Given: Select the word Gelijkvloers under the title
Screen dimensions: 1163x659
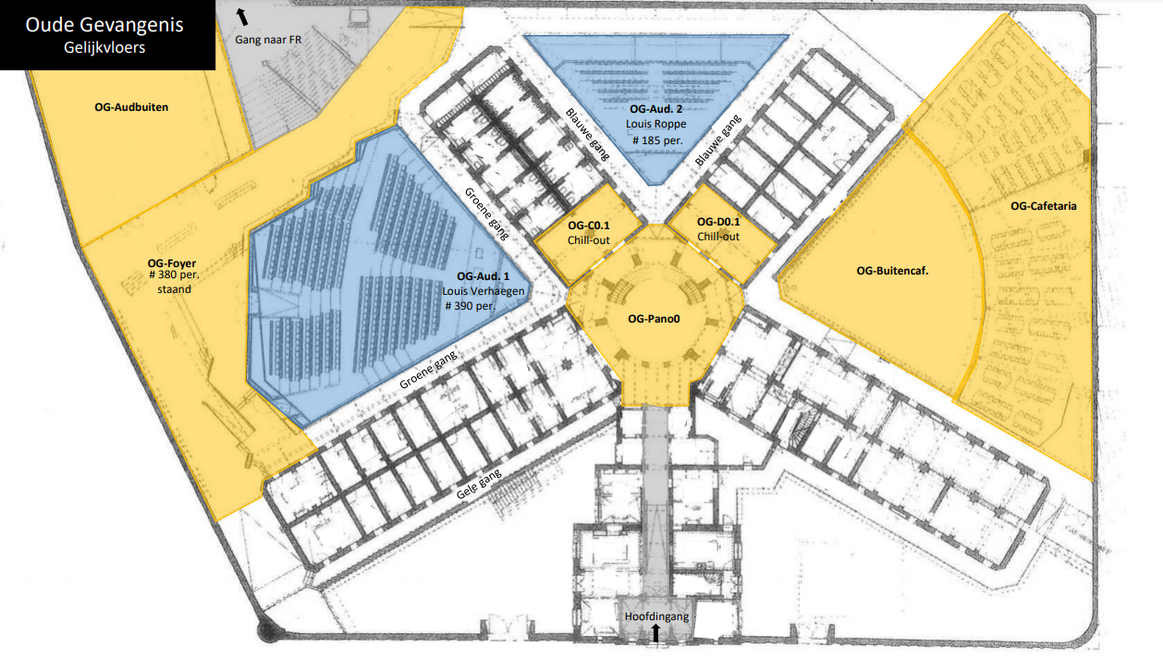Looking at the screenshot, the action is [x=104, y=48].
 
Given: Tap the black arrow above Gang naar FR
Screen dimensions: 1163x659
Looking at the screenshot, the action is [x=242, y=17].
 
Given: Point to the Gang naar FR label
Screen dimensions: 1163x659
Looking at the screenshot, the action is [x=268, y=40].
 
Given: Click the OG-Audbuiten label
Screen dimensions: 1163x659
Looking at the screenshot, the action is [x=131, y=107].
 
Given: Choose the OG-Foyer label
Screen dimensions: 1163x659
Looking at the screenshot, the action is [x=172, y=263].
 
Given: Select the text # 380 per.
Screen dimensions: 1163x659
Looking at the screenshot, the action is [x=175, y=275].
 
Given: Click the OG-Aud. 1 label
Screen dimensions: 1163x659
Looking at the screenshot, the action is [x=484, y=276].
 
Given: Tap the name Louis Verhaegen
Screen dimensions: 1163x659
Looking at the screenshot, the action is [x=484, y=291].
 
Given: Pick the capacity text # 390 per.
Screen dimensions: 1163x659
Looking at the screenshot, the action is [x=471, y=306].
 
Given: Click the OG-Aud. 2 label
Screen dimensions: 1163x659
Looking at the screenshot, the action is [x=656, y=109].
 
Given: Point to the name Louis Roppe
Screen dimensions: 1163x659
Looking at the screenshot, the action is [x=656, y=124].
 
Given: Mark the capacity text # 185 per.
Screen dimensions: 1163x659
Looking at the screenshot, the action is [x=657, y=140].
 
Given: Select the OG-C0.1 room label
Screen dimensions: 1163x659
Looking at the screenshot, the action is [x=589, y=226].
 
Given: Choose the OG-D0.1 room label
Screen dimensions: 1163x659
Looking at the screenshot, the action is [x=718, y=222].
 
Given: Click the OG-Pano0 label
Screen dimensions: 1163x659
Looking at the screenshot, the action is [x=655, y=319].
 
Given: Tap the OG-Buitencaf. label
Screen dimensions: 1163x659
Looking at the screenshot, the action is [x=892, y=271].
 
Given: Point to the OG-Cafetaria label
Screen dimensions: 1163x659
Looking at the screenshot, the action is [x=1044, y=206].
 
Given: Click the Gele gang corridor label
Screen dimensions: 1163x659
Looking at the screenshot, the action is [x=479, y=483].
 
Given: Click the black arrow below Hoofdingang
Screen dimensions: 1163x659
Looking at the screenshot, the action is [x=655, y=633].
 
